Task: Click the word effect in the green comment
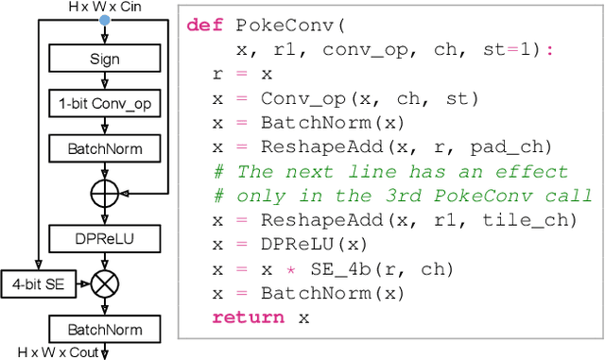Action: [x=537, y=171]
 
